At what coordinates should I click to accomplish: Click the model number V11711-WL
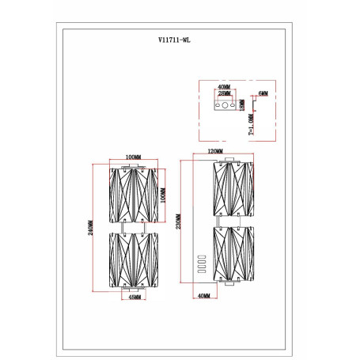[174, 40]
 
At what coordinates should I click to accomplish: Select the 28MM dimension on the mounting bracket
[224, 93]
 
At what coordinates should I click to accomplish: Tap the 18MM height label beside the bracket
[242, 105]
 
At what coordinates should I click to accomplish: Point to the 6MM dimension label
[263, 93]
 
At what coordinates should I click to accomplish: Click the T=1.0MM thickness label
[252, 124]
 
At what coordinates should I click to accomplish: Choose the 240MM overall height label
[90, 228]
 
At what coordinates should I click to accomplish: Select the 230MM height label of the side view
[178, 222]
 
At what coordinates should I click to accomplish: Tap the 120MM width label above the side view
[215, 151]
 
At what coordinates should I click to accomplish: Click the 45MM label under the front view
[135, 297]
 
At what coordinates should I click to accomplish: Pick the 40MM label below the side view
[203, 296]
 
